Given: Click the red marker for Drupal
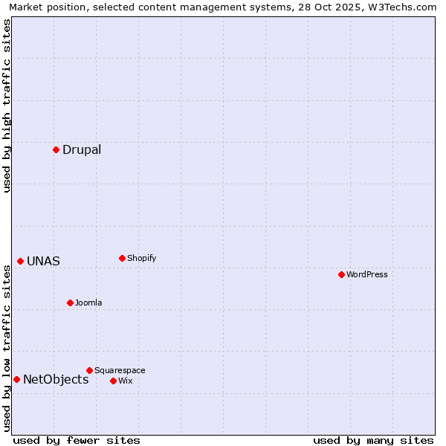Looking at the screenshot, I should tap(56, 149).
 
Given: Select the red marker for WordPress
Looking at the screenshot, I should tap(341, 274).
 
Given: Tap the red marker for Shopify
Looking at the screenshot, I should tap(122, 258).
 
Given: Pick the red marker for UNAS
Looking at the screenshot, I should tap(20, 261).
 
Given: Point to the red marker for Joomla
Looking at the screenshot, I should tap(70, 303).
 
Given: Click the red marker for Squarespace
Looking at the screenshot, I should tap(89, 370).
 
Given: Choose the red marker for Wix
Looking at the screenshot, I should tap(113, 381).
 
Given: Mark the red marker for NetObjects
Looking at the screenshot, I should tap(16, 379).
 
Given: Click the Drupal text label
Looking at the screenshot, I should tap(82, 149).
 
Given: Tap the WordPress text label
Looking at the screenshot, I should tap(367, 274).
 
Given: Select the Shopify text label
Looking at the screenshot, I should tap(141, 258).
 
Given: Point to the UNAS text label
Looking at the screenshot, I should tap(43, 261).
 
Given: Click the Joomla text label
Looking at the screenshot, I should tap(88, 303).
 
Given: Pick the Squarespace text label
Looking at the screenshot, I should tap(120, 370).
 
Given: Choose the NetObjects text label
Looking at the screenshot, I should tap(56, 379).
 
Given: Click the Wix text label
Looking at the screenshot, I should tap(125, 381).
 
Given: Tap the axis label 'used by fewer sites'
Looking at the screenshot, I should tap(77, 440).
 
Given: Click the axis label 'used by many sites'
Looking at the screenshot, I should tap(373, 440).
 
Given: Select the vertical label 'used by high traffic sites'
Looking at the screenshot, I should tap(7, 106).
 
